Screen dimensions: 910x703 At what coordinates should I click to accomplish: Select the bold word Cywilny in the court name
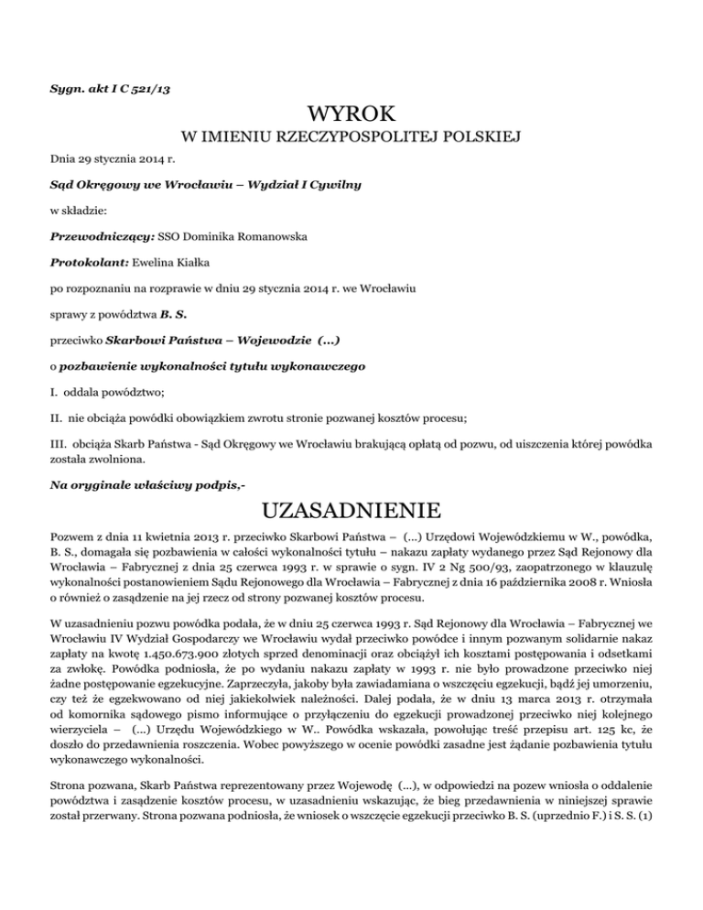tap(331, 184)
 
